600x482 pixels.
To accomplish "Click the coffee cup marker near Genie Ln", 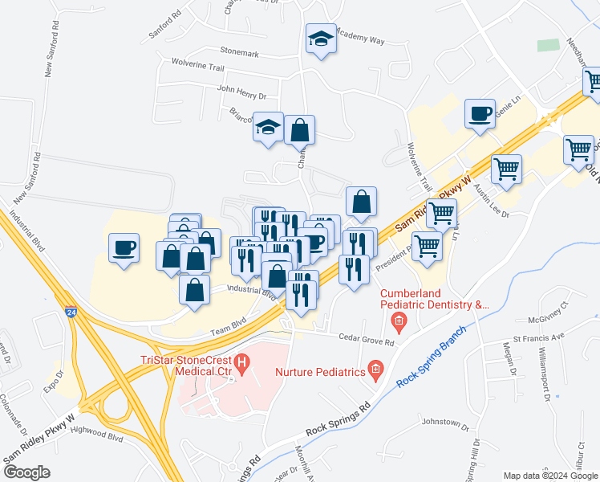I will (480, 114).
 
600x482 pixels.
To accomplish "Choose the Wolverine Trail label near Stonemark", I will (197, 63).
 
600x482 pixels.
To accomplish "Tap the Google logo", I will (26, 472).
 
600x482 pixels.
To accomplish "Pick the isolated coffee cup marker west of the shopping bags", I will (124, 247).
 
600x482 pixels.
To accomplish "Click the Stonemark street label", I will (238, 53).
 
